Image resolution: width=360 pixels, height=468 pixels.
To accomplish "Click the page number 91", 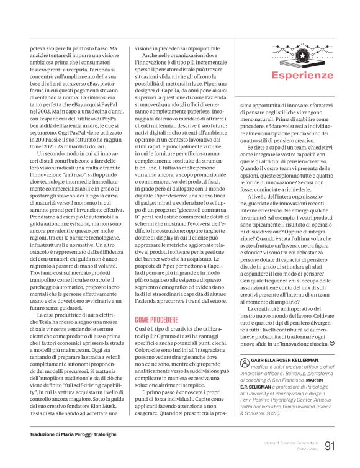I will pos(330,445).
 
